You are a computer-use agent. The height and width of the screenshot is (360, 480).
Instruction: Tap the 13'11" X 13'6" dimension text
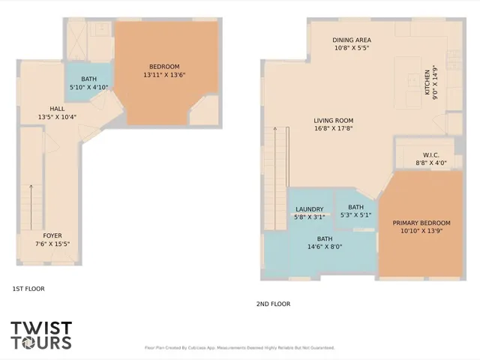click(x=166, y=75)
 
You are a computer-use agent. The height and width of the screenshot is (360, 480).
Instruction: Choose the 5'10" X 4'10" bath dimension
click(x=89, y=87)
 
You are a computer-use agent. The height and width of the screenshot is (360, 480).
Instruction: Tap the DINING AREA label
click(x=352, y=40)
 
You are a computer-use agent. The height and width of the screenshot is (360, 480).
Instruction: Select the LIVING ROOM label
click(x=334, y=120)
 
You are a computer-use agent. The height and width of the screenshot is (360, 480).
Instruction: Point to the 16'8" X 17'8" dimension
click(x=334, y=129)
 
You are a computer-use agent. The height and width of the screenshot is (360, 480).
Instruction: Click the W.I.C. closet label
click(x=431, y=154)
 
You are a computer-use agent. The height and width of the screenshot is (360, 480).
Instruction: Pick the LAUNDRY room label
click(x=310, y=209)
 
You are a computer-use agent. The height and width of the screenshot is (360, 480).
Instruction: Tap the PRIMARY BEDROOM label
click(x=421, y=223)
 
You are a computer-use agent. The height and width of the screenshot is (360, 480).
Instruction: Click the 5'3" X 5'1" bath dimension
click(x=355, y=215)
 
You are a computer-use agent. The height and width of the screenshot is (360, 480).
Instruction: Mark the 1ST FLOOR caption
click(x=29, y=288)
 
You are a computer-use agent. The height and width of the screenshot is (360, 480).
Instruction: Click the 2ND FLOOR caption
click(x=272, y=304)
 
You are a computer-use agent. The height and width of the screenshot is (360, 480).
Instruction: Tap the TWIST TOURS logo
click(x=41, y=335)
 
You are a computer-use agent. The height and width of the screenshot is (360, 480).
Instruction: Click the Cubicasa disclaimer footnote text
click(x=239, y=348)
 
